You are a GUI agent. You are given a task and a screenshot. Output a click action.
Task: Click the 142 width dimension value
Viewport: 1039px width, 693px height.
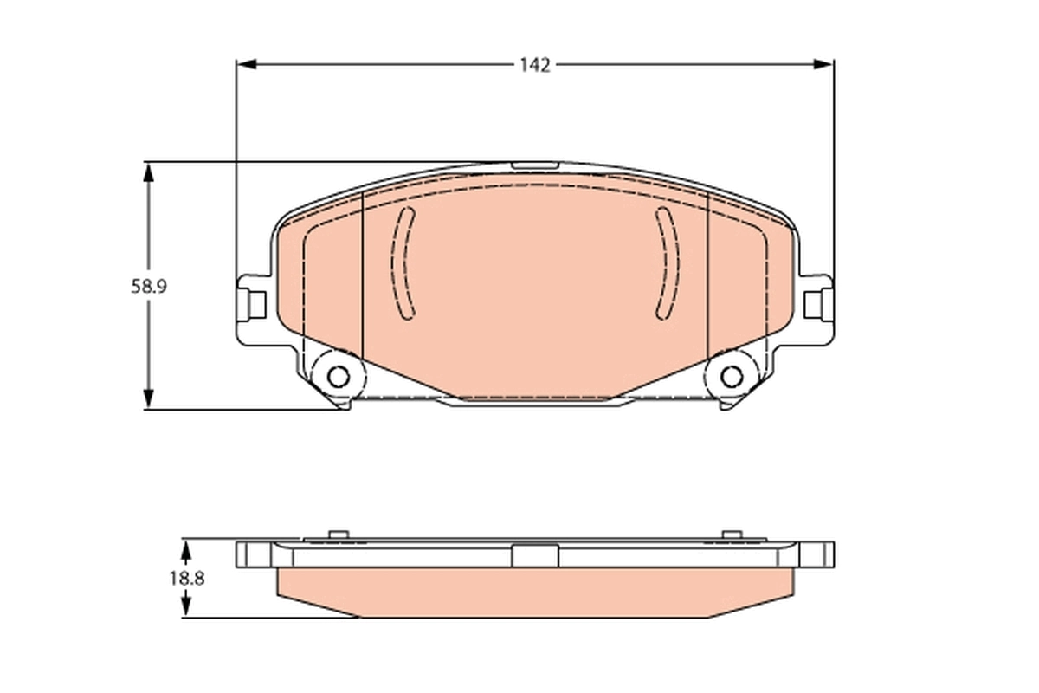[534, 66]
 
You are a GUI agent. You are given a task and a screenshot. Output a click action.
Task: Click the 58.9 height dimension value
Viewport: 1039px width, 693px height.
[148, 286]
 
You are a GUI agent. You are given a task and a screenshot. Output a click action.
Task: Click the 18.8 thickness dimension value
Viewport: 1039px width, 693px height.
[186, 579]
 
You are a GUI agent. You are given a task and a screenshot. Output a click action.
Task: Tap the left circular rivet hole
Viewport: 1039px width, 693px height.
[339, 377]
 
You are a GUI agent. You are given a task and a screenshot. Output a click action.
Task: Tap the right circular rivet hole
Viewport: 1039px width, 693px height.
[731, 377]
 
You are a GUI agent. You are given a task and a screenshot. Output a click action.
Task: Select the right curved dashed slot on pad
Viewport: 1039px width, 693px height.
[666, 263]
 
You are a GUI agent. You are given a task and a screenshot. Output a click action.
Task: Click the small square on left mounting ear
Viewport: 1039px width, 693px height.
[255, 304]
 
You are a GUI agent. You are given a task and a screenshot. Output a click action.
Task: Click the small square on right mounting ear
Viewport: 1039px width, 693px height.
[813, 304]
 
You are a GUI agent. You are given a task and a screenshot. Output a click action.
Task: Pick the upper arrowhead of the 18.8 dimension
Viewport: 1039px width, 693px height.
[185, 547]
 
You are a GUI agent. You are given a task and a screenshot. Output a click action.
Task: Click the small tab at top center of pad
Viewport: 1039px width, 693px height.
[534, 163]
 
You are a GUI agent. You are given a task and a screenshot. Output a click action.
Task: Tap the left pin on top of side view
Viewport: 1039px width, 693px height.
[339, 534]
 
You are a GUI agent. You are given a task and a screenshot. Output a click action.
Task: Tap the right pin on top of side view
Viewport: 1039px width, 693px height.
[731, 534]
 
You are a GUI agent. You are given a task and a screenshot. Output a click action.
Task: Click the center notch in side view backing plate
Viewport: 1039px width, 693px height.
[534, 554]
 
